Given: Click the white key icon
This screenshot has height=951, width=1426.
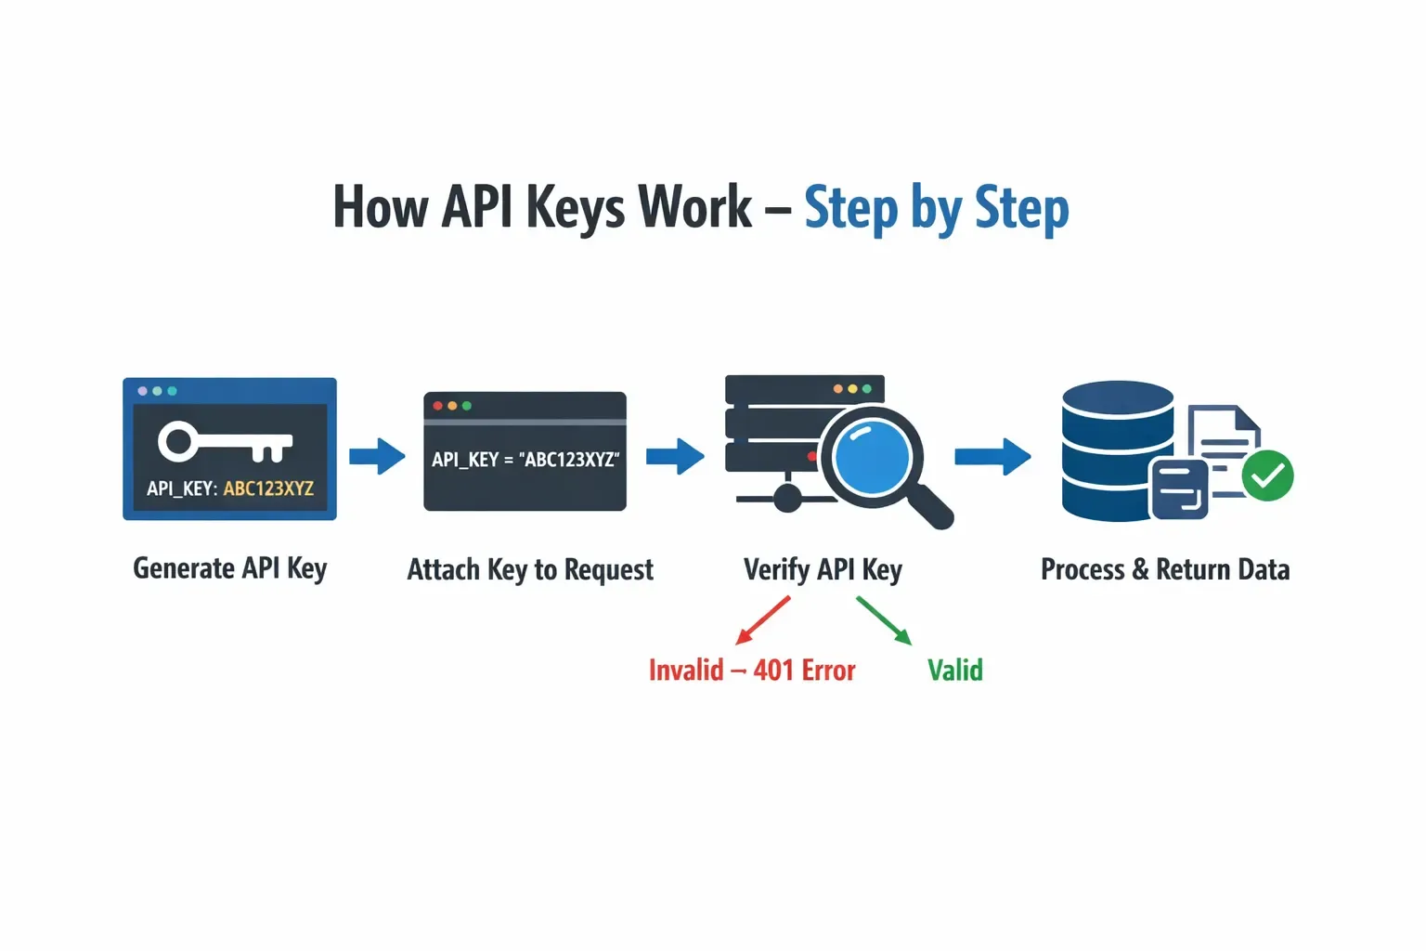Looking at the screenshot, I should click(225, 443).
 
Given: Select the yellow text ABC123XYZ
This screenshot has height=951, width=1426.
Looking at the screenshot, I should click(268, 489).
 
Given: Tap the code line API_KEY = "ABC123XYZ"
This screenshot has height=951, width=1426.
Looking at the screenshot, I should click(525, 460).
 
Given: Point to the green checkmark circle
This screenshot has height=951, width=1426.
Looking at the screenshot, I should click(1267, 475).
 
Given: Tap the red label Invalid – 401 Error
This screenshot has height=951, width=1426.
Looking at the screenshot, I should click(752, 671).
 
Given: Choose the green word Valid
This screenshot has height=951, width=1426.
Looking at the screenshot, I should click(954, 671).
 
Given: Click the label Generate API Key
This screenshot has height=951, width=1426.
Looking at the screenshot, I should click(229, 568).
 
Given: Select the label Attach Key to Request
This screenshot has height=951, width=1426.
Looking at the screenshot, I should click(530, 569).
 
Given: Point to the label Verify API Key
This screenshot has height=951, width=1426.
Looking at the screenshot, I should click(823, 569).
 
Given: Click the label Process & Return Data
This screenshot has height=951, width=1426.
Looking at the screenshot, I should click(1165, 569).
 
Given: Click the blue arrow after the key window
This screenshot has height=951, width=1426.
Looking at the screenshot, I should click(377, 456).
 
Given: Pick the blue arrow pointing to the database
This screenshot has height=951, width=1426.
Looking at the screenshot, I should click(992, 456).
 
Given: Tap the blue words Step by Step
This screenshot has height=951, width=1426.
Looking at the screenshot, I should click(936, 208).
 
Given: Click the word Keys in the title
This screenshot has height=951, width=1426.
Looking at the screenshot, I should click(576, 208).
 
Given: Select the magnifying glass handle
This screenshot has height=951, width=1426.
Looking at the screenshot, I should click(929, 507).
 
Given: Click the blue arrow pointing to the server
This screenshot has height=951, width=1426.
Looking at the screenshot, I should click(675, 456).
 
